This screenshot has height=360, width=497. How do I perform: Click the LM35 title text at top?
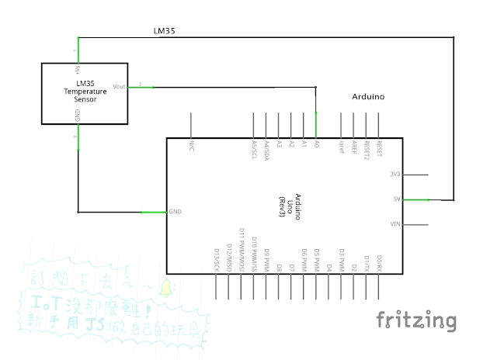coord(165,32)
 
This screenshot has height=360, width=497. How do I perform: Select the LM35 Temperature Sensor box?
coord(85,92)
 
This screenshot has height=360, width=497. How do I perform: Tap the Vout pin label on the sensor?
coord(120,86)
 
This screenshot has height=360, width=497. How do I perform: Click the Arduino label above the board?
coord(368,98)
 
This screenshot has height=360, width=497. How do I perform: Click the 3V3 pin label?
coord(394,175)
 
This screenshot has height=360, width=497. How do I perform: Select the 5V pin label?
coord(396,199)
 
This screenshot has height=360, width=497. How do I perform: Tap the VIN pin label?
coord(394,224)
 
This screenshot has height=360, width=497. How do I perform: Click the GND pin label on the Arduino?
coord(176,212)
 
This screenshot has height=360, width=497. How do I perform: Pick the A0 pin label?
coord(316,144)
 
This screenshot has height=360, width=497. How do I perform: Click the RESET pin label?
coord(378,148)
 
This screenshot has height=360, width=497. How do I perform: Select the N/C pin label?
coord(191,145)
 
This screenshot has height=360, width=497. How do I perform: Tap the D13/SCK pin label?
coord(216,259)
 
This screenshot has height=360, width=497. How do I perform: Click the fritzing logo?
coord(416,320)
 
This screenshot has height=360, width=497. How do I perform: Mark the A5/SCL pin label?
coord(254,149)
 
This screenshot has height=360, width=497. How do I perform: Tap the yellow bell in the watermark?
coord(165,289)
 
